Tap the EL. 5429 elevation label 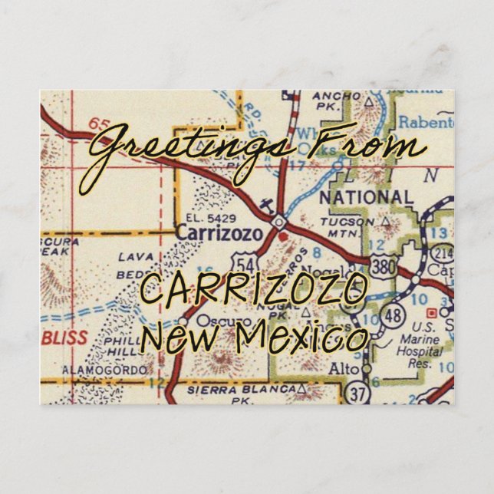click(198, 217)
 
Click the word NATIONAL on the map click(366, 198)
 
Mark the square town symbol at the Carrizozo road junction click(279, 222)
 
